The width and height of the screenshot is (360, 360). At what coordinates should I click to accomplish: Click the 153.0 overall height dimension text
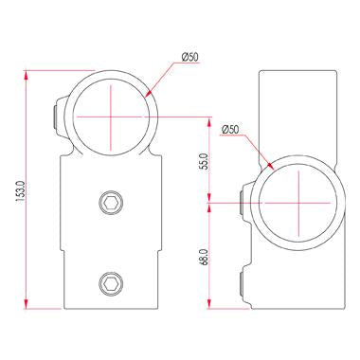point(20,190)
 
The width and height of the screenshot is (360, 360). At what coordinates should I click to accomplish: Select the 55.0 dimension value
point(204,161)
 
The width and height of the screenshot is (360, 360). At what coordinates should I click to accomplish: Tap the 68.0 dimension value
point(204,257)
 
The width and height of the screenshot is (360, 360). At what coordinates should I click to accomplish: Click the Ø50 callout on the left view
point(190,57)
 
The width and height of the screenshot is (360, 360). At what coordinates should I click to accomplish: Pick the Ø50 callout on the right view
point(230,129)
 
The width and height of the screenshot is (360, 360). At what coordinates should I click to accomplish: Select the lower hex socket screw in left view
point(111,282)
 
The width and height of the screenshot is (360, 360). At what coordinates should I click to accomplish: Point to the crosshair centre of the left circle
point(111,117)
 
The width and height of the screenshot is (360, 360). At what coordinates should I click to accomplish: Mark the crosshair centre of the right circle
point(298,203)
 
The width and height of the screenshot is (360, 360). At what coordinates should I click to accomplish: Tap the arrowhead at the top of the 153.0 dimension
point(27,75)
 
